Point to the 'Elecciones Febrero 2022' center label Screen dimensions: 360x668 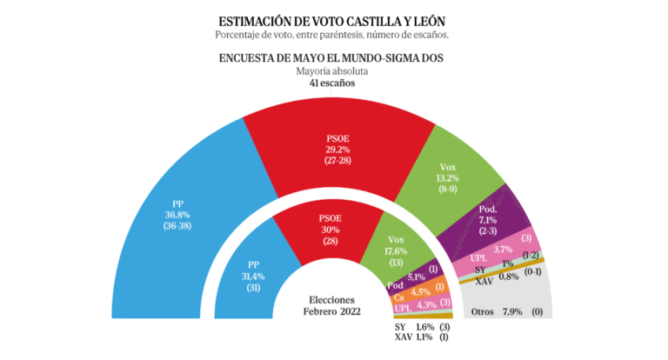point(333,304)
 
